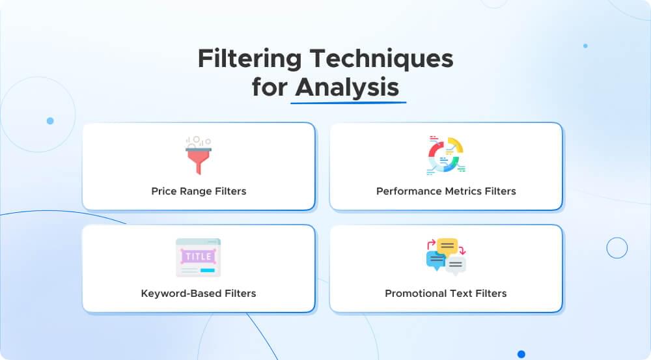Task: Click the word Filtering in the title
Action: tap(249, 59)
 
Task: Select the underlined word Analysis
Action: tap(347, 87)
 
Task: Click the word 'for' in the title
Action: tap(270, 87)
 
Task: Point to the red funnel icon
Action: tap(199, 156)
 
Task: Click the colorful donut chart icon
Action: tap(446, 156)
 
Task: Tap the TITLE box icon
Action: tap(199, 257)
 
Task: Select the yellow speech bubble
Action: tap(447, 246)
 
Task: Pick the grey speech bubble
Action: tap(456, 265)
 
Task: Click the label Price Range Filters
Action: tap(199, 191)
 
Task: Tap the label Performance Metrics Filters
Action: tap(446, 191)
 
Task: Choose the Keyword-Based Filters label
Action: tap(199, 293)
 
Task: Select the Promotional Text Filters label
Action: tap(446, 293)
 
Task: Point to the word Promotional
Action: tap(417, 293)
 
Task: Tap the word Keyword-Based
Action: tap(180, 293)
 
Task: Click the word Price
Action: tap(163, 191)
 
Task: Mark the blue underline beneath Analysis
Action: tap(348, 102)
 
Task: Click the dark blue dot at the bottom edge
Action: tap(521, 354)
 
